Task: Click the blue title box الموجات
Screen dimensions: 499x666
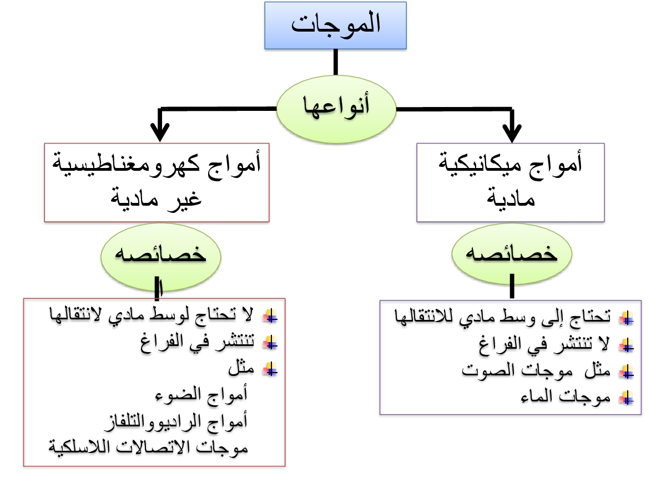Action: click(335, 26)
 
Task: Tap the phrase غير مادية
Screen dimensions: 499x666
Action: click(157, 196)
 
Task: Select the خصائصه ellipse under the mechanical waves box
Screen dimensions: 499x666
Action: click(511, 256)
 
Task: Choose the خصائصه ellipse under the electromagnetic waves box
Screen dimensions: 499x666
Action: click(160, 256)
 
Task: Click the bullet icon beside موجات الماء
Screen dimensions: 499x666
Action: click(627, 397)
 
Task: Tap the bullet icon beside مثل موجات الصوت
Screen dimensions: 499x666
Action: click(627, 371)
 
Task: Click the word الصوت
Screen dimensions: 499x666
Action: click(483, 370)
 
